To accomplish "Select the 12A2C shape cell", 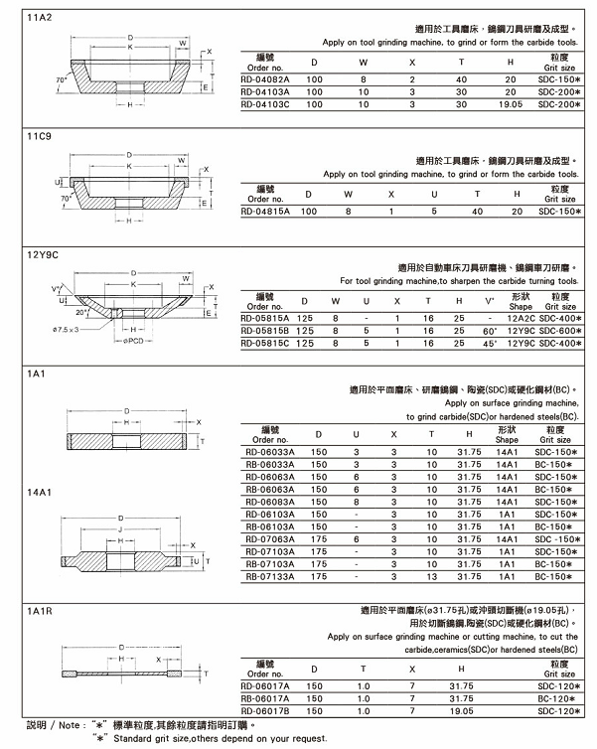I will point(522,318).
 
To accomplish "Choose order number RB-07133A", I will point(267,576).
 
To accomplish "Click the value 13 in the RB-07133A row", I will point(431,576).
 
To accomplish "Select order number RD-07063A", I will point(267,539).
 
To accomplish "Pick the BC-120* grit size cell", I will point(560,698).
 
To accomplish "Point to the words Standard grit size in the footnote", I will point(158,738).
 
